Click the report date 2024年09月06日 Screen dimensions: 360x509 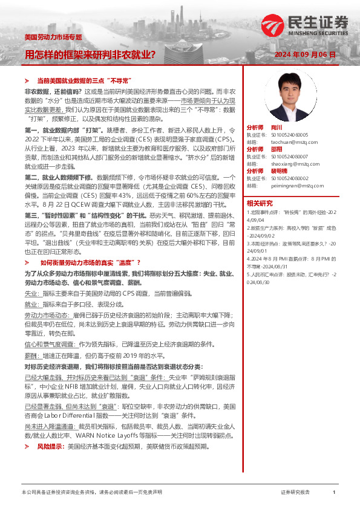tap(305, 54)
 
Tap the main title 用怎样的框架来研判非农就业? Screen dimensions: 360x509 tap(90, 54)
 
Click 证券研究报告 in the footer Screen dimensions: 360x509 tap(296, 493)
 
